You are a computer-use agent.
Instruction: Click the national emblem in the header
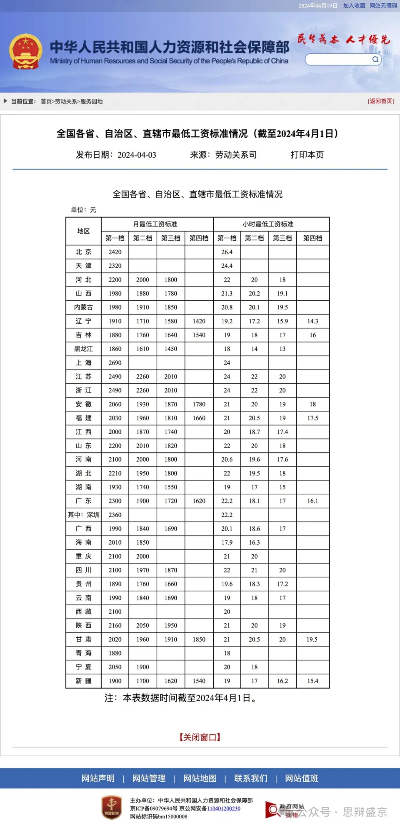26,52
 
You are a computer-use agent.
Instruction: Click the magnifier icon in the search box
375,60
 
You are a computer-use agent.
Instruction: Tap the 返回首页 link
380,101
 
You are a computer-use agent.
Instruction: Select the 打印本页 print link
307,155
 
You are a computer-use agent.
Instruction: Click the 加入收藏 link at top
354,6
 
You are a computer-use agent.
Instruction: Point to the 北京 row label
83,252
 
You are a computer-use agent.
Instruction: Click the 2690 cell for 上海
115,362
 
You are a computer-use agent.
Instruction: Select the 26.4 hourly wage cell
227,252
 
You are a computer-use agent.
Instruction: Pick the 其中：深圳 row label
83,515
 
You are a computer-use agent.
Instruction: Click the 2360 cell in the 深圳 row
115,515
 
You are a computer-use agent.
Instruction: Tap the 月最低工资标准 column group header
155,224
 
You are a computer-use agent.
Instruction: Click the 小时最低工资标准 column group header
268,224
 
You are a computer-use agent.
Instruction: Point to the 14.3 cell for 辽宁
312,321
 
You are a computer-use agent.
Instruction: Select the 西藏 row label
83,612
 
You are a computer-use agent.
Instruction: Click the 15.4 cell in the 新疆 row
312,681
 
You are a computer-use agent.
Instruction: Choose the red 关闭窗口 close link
200,737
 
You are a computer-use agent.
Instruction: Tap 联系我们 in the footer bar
251,778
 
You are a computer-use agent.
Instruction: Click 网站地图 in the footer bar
200,778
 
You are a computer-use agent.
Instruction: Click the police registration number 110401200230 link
224,808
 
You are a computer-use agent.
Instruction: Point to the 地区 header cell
83,231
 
